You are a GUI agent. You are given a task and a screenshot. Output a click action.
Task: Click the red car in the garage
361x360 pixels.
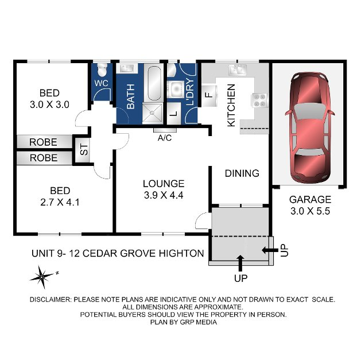310,128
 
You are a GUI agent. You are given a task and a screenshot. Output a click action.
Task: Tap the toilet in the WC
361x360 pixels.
102,69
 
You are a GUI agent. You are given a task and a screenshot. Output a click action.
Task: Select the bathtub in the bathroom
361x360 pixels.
154,83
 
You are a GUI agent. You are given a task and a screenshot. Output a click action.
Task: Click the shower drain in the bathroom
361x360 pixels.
152,113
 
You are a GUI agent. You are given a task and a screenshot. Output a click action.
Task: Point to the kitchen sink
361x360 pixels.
238,69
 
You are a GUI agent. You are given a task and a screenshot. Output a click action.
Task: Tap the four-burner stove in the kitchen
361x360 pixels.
259,100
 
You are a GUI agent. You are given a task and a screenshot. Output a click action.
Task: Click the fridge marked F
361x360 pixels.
209,95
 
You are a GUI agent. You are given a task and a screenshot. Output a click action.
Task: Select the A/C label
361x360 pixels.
165,138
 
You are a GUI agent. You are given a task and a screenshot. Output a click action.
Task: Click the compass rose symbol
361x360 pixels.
42,277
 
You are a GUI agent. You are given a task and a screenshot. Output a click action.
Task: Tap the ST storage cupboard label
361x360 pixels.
84,150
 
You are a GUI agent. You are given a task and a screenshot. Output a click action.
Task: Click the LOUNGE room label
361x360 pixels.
164,184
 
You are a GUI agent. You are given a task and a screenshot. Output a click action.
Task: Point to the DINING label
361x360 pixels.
242,173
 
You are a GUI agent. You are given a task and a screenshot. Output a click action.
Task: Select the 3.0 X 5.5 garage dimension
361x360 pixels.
310,211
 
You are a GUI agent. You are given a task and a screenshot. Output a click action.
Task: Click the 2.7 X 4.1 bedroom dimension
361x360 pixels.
60,202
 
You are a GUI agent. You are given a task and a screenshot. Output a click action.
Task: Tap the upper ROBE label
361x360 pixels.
43,142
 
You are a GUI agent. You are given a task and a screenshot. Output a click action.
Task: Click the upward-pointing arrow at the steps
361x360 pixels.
240,263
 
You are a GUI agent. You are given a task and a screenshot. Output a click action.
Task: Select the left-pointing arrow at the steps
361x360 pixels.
270,250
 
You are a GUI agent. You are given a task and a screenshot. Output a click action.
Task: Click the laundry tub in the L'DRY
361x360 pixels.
176,88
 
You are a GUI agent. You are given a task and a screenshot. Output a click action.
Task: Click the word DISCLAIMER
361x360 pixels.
51,300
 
